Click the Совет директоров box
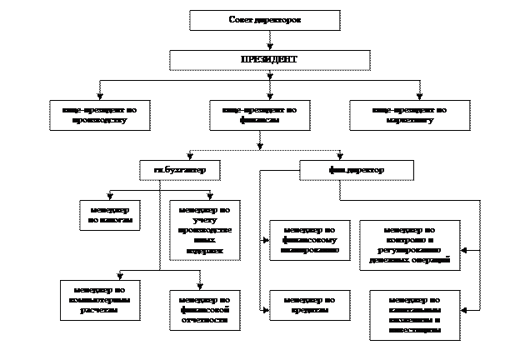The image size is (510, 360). coord(264,20)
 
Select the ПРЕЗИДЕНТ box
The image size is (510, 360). coord(268,60)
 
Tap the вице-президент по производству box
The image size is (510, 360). coord(100,115)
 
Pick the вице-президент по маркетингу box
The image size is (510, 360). coord(406,115)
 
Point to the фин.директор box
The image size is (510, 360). coord(356,170)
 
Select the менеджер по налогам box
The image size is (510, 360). coord(108,214)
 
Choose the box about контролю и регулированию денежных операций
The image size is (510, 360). coord(409,244)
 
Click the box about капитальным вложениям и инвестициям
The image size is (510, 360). coord(414,315)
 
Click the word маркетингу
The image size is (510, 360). coord(406,121)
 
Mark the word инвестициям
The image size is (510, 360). coord(414,330)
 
